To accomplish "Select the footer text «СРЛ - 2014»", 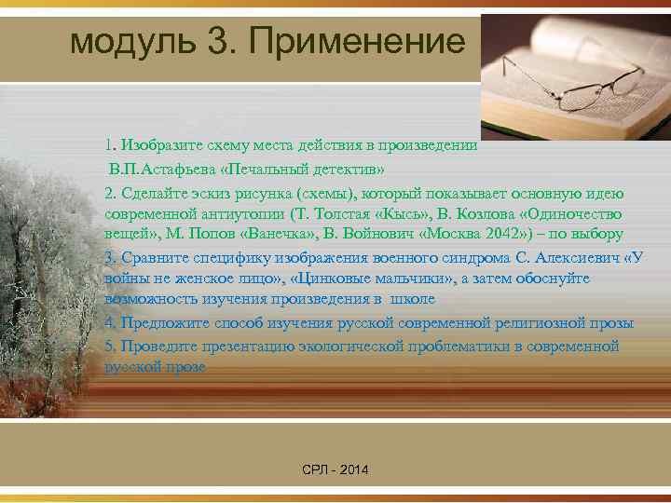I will (x=335, y=470).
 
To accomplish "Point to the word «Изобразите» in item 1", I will (x=157, y=145).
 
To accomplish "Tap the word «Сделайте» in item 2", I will (x=153, y=192).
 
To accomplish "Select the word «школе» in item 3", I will (x=414, y=300).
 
